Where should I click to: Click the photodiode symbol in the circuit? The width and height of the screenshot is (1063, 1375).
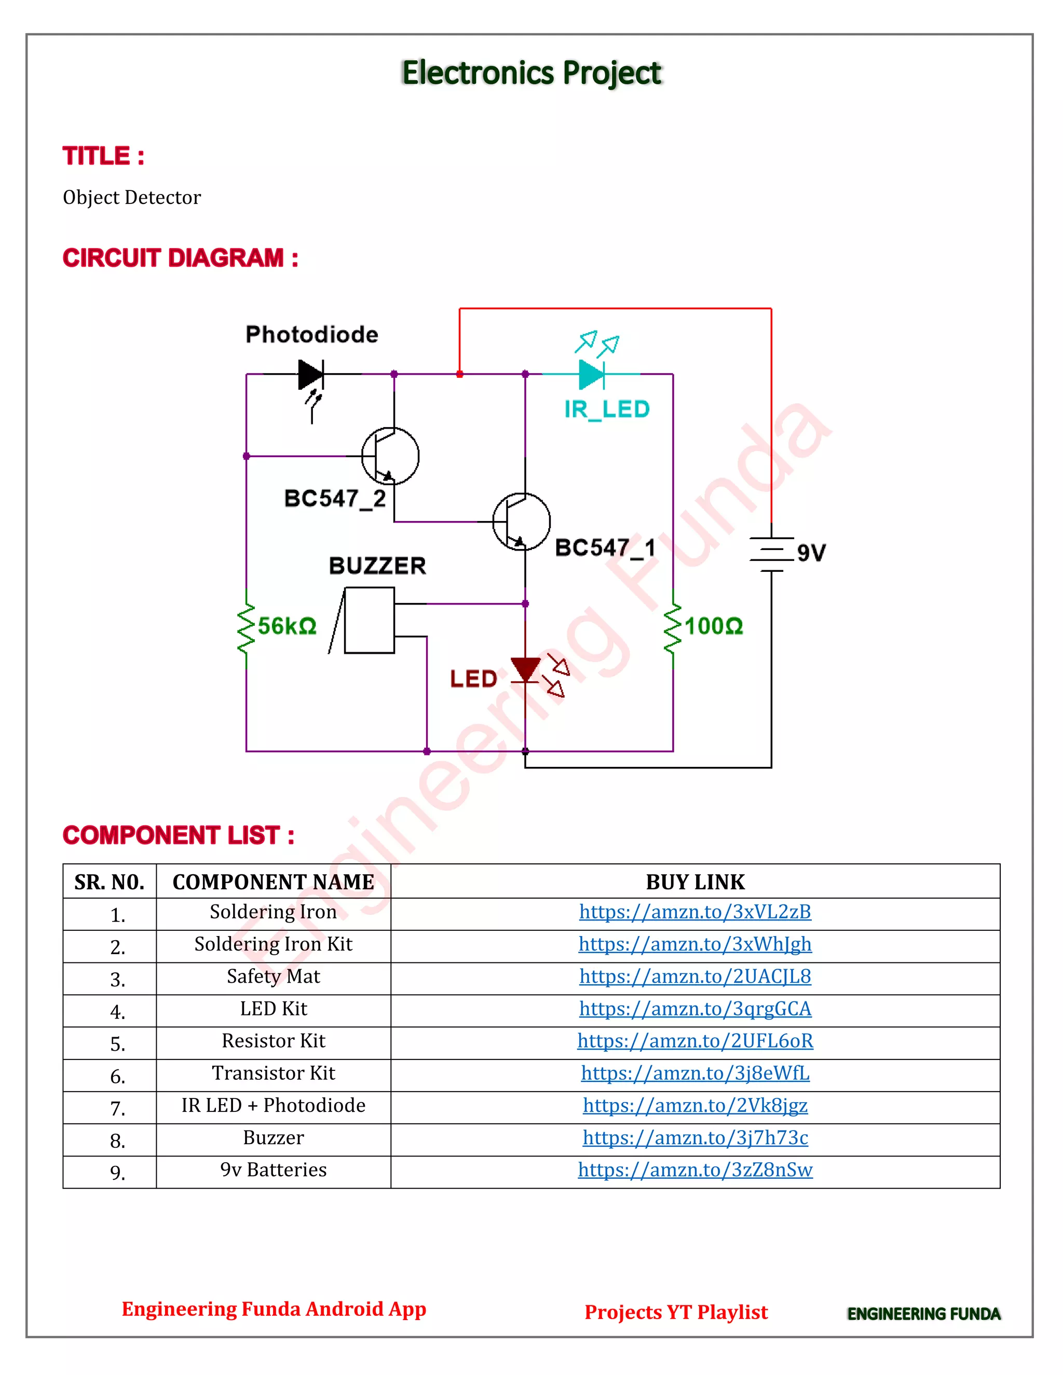click(310, 375)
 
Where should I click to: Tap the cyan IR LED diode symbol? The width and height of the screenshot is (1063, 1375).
click(591, 374)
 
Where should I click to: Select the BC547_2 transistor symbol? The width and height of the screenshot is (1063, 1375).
click(390, 456)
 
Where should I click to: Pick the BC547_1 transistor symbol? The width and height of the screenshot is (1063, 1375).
click(522, 521)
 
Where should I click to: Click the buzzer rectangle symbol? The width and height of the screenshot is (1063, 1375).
click(369, 620)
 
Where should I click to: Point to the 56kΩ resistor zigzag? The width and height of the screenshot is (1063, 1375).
click(246, 628)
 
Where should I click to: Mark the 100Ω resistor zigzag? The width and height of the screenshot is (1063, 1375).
click(673, 628)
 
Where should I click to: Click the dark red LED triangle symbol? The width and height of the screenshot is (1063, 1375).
click(525, 670)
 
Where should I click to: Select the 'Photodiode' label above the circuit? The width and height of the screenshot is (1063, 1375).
click(312, 334)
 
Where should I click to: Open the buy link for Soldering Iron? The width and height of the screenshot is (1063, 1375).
click(694, 912)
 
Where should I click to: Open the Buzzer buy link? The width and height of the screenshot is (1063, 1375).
click(694, 1138)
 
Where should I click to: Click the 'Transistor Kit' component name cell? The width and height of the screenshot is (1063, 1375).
click(274, 1073)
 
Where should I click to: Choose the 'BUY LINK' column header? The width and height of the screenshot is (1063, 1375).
click(694, 882)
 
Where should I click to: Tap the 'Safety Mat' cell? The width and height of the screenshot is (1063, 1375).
click(274, 977)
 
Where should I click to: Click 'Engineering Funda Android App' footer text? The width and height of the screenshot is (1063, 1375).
click(274, 1309)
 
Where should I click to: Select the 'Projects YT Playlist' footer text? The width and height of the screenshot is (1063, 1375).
click(676, 1312)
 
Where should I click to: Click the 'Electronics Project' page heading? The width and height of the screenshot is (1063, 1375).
click(531, 73)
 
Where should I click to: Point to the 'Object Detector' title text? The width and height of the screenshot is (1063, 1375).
click(132, 197)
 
